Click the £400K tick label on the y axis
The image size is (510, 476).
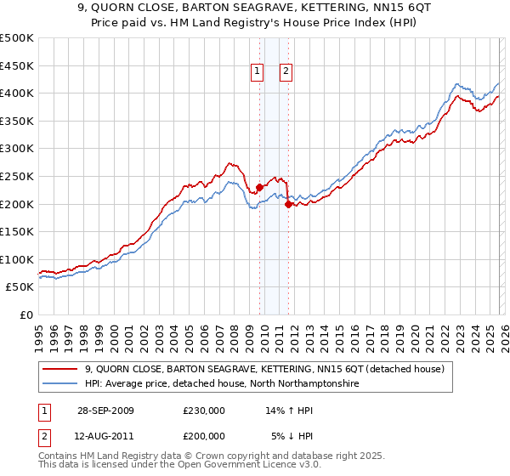coord(17,93)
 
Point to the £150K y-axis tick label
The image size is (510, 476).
coord(17,231)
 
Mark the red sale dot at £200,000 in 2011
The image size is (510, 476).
coord(289,204)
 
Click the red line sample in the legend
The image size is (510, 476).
coord(61,370)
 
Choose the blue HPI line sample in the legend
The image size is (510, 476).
coord(61,384)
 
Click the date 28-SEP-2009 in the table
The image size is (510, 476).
coord(104,411)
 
